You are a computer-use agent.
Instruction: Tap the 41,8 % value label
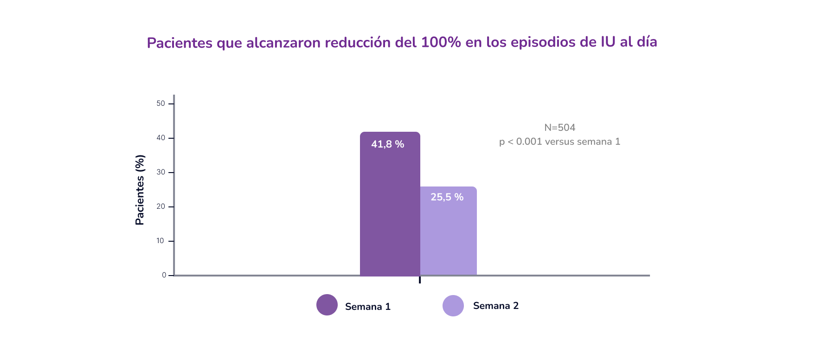coord(387,144)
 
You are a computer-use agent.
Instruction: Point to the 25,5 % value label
coord(447,197)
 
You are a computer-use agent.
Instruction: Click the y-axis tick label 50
coord(161,103)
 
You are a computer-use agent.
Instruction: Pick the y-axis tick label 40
coord(161,138)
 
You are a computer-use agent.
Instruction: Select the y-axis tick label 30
coord(161,172)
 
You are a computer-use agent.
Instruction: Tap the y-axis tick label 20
coord(161,206)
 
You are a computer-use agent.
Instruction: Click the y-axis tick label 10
coord(160,241)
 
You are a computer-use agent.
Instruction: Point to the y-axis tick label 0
coord(164,275)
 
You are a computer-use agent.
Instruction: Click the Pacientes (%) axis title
coord(140,190)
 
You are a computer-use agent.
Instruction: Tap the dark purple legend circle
coord(327,305)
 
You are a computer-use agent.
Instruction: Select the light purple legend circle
coord(453,306)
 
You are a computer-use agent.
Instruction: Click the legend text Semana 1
coord(368,307)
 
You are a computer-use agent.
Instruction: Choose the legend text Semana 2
coord(496,306)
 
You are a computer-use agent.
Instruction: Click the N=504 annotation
coord(559,128)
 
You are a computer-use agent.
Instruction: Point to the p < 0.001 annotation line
coord(559,141)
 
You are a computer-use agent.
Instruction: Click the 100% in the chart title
coord(441,42)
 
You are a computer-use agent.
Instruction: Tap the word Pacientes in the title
coord(180,43)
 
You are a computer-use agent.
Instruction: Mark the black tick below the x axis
coord(420,280)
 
